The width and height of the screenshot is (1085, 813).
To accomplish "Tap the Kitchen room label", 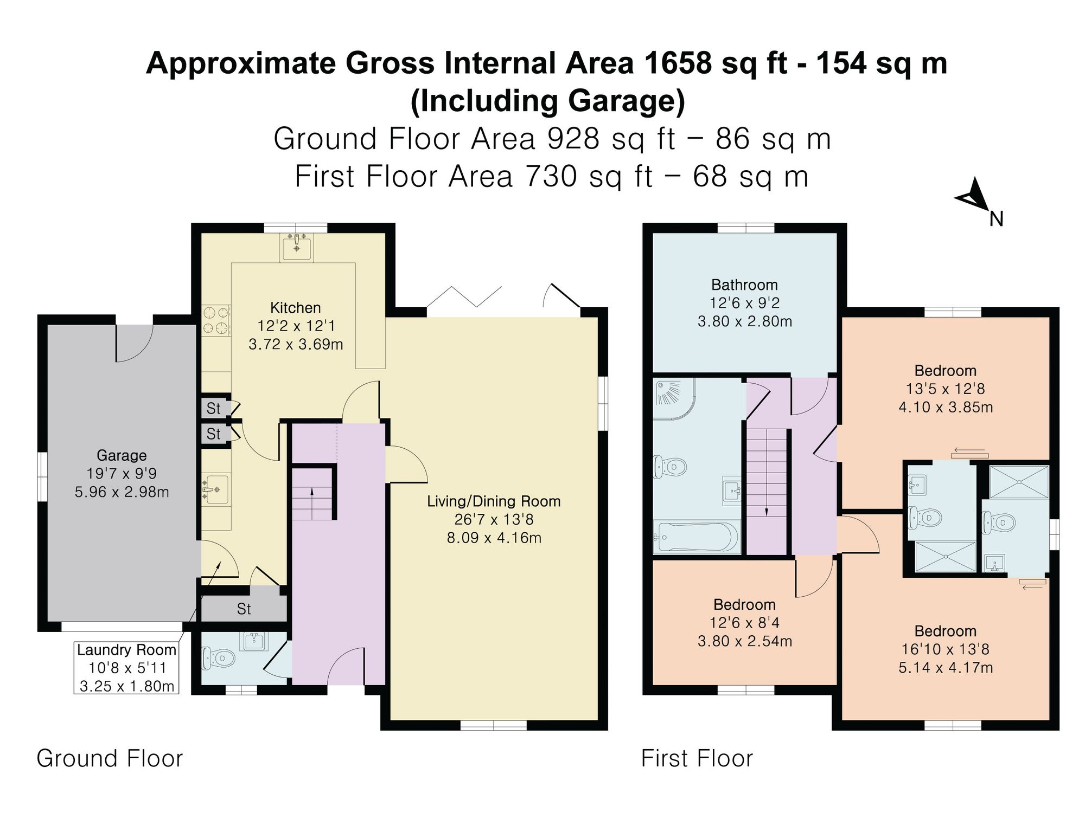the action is [296, 308].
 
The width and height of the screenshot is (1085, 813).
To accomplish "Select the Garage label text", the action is [122, 455].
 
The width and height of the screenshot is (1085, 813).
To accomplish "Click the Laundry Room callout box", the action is [126, 668].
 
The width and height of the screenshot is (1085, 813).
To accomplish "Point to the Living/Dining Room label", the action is [494, 501].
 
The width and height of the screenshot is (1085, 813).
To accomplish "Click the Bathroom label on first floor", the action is [744, 285].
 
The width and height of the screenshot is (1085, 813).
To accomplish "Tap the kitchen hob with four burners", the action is [216, 320].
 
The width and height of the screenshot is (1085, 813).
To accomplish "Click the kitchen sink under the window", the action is [296, 247].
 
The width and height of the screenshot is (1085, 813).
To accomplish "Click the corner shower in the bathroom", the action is [673, 401].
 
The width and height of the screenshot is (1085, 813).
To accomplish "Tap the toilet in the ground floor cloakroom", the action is [218, 658].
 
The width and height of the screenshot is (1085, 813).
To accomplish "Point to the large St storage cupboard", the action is [244, 609].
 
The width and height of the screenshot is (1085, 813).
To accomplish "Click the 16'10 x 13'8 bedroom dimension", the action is [946, 649].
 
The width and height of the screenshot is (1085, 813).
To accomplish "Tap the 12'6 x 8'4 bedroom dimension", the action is [744, 623].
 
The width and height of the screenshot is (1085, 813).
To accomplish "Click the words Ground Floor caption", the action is [110, 758].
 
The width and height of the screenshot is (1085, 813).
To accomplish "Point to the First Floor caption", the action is [697, 758].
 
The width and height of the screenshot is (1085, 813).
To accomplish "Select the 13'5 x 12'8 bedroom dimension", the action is [946, 389].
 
